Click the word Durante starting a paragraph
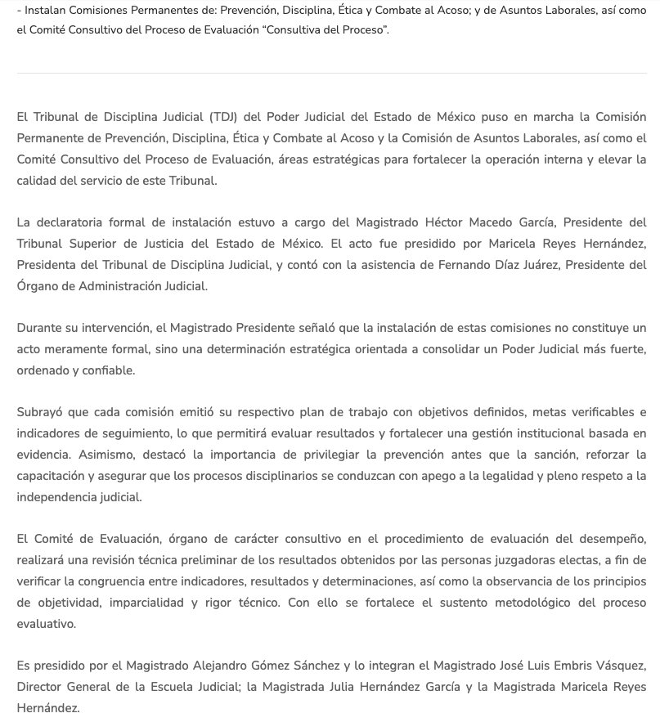40,329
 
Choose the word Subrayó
41,413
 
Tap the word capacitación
57,476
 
